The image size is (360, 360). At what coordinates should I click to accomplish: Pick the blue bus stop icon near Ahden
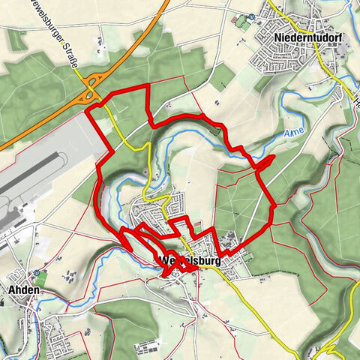coord(36,273)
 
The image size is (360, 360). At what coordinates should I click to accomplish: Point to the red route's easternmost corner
coord(275,204)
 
